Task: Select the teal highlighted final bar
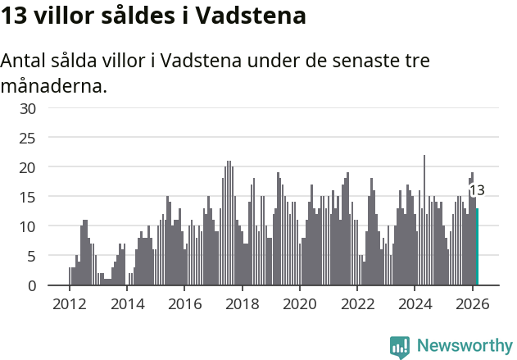[477, 246]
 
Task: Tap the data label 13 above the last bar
[476, 190]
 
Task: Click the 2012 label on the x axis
[69, 303]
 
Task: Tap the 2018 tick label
[242, 303]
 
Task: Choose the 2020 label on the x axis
[299, 303]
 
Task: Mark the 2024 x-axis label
[415, 303]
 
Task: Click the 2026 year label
[472, 303]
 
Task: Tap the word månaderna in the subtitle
[54, 85]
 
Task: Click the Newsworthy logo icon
[400, 347]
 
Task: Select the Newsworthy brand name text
[465, 346]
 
